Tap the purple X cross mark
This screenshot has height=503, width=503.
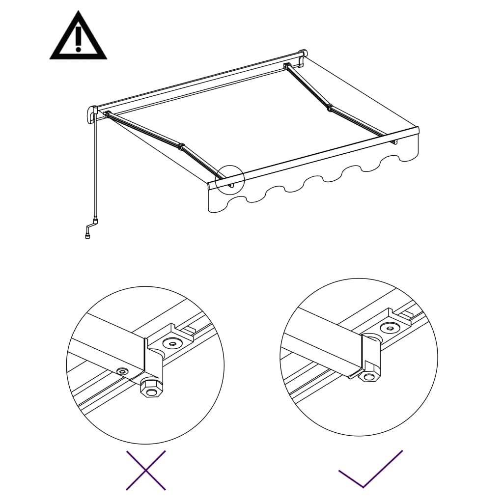(146, 470)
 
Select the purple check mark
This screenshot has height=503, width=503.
(370, 469)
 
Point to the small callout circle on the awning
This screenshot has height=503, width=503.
(229, 180)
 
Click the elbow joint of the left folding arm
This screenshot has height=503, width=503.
(181, 146)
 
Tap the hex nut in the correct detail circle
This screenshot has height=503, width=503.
(368, 376)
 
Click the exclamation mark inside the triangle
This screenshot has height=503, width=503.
(78, 39)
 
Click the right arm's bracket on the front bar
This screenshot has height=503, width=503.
(393, 142)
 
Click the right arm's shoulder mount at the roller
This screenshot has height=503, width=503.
(288, 65)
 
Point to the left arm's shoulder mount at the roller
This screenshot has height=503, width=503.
(107, 114)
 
